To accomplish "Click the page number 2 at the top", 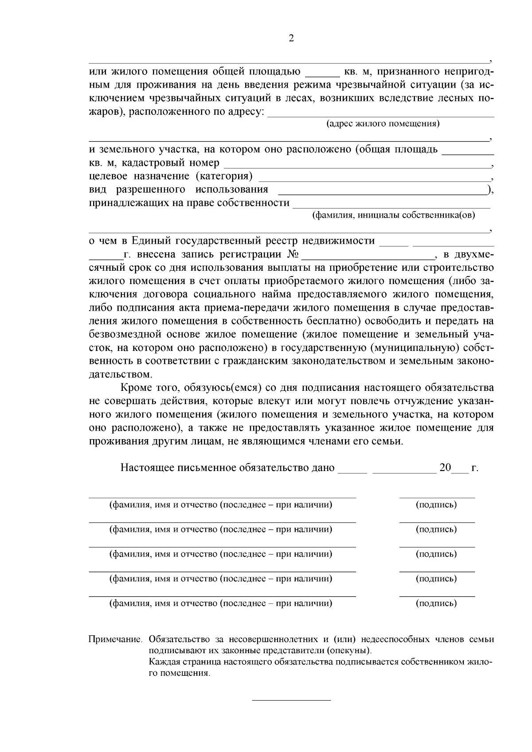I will [x=291, y=39].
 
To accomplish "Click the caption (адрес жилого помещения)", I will [x=383, y=124].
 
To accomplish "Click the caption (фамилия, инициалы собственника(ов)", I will [x=393, y=215].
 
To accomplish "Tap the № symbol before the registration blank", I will [x=294, y=255].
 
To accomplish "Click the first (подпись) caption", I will [x=436, y=505].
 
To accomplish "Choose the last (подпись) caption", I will [x=436, y=603].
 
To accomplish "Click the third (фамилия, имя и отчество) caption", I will [x=221, y=554].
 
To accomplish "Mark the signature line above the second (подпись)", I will [x=437, y=522].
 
